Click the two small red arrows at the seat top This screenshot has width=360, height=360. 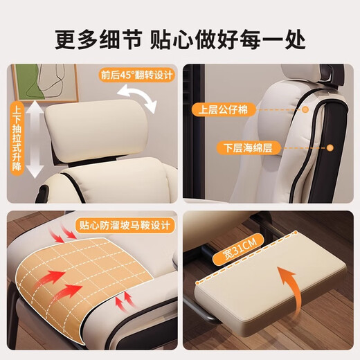(69, 237)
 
